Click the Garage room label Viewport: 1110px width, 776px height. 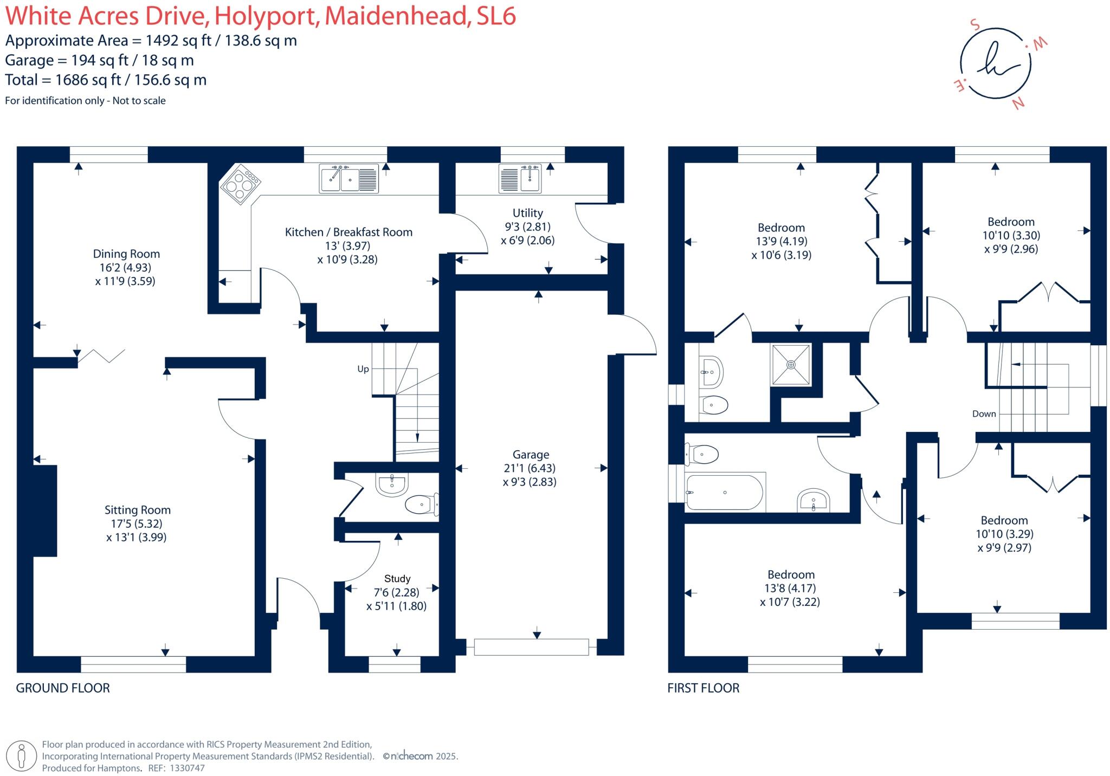(x=531, y=455)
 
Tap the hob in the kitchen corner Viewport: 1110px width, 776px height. (x=240, y=185)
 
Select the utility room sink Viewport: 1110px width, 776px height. (x=520, y=179)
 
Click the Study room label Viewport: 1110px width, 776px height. (x=397, y=579)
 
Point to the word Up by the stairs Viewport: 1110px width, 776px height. (x=363, y=369)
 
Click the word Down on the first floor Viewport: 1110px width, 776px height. (x=984, y=414)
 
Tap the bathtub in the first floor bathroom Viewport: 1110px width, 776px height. (x=724, y=493)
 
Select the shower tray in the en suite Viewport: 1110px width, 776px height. (x=791, y=365)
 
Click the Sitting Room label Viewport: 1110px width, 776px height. (x=138, y=510)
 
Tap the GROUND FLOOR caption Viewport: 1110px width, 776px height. (x=63, y=688)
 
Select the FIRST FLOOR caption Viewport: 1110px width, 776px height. (x=703, y=688)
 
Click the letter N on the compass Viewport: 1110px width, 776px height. (x=1018, y=103)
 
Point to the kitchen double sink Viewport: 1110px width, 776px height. (x=349, y=178)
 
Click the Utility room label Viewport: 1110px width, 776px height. (x=527, y=213)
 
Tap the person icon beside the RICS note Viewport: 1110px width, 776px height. (x=22, y=756)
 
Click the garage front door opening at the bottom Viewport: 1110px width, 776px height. (x=531, y=647)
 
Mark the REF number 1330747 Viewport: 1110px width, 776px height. (x=187, y=768)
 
